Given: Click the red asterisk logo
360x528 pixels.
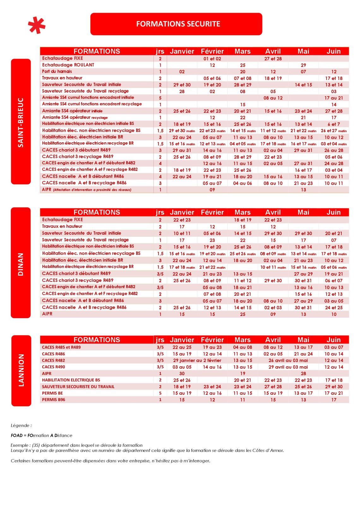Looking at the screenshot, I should (x=37, y=25).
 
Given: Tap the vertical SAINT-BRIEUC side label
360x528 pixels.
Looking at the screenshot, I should (x=21, y=122).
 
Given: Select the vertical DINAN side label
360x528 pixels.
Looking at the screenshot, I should (x=21, y=262).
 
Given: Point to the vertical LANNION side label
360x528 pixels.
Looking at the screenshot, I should (x=21, y=371).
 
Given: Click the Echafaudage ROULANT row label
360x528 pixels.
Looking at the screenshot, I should (x=68, y=65).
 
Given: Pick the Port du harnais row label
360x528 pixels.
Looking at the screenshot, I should (x=57, y=71).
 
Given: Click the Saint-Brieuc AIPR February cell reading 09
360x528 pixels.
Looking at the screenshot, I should (x=212, y=190).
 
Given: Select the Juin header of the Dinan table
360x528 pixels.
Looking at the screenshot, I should (x=333, y=212).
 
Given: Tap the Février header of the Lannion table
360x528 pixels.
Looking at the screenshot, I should (x=212, y=340).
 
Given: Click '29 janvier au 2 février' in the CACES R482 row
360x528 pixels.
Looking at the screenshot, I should (x=197, y=360).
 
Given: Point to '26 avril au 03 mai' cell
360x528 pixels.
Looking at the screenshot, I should (x=288, y=360).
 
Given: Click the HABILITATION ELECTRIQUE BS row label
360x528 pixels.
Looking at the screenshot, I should (x=71, y=380).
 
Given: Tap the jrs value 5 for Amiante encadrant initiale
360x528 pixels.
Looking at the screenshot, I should (x=160, y=98).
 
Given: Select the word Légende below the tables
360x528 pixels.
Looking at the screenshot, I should (x=21, y=426).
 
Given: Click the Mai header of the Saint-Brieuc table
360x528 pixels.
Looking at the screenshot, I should (x=303, y=51).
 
